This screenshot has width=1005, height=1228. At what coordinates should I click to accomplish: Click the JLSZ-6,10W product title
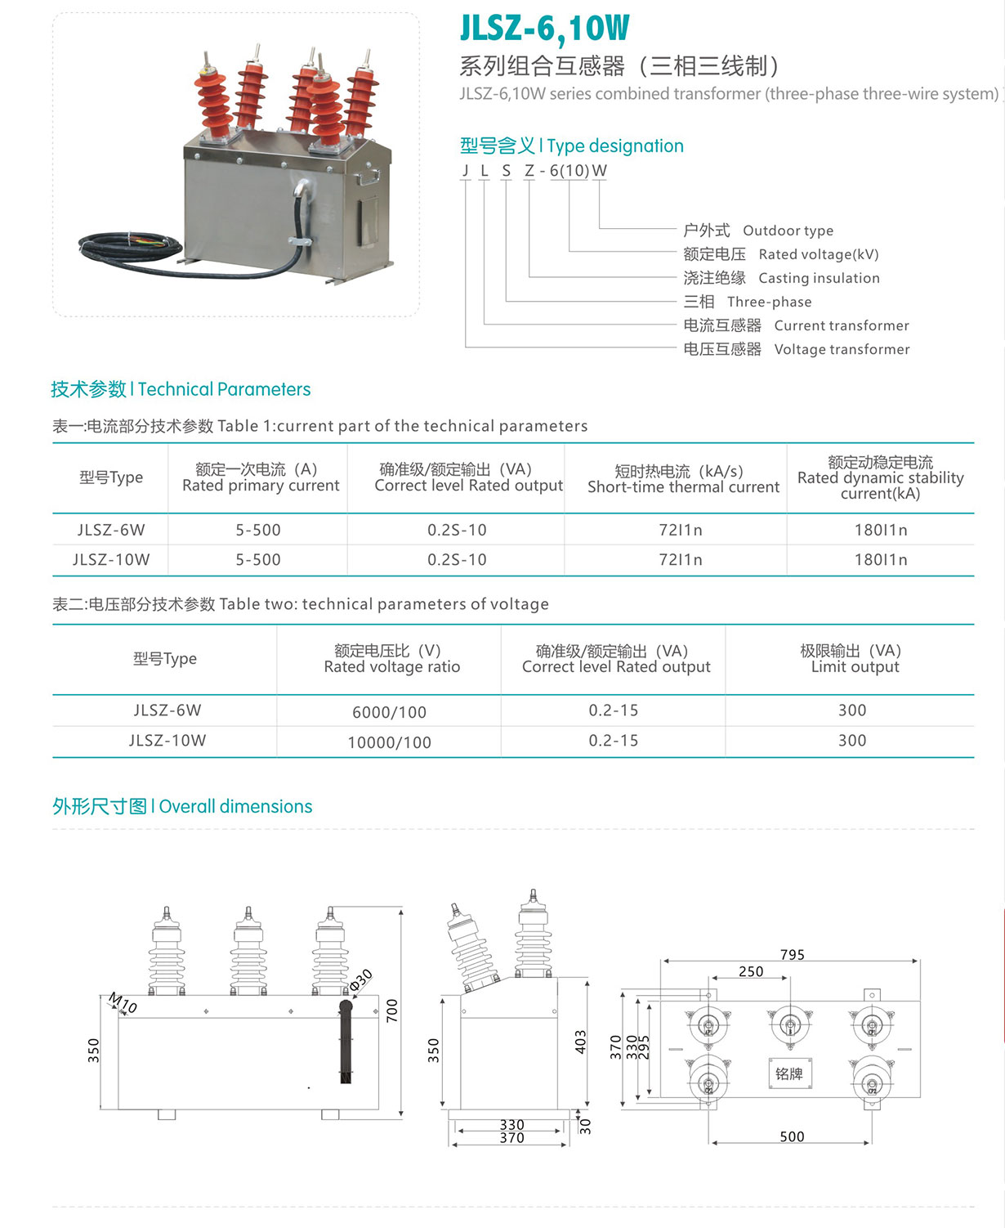[545, 28]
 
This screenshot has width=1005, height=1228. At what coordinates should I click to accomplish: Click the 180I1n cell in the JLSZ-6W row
[881, 530]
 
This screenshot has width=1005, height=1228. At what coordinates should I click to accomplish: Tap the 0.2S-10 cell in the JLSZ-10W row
[457, 559]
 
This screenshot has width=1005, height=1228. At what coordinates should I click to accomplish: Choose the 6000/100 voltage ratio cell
[389, 712]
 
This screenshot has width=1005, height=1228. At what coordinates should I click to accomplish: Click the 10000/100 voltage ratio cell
[389, 742]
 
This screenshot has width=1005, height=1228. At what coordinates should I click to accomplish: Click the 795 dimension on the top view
[792, 954]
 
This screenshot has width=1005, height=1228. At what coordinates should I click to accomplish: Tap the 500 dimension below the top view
[792, 1136]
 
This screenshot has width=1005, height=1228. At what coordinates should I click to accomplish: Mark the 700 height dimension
[392, 1011]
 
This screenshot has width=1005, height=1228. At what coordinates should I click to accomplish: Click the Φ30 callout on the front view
[361, 980]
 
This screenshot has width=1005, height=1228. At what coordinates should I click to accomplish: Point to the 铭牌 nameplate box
[789, 1073]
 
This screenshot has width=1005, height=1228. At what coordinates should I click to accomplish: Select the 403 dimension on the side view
[580, 1042]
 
